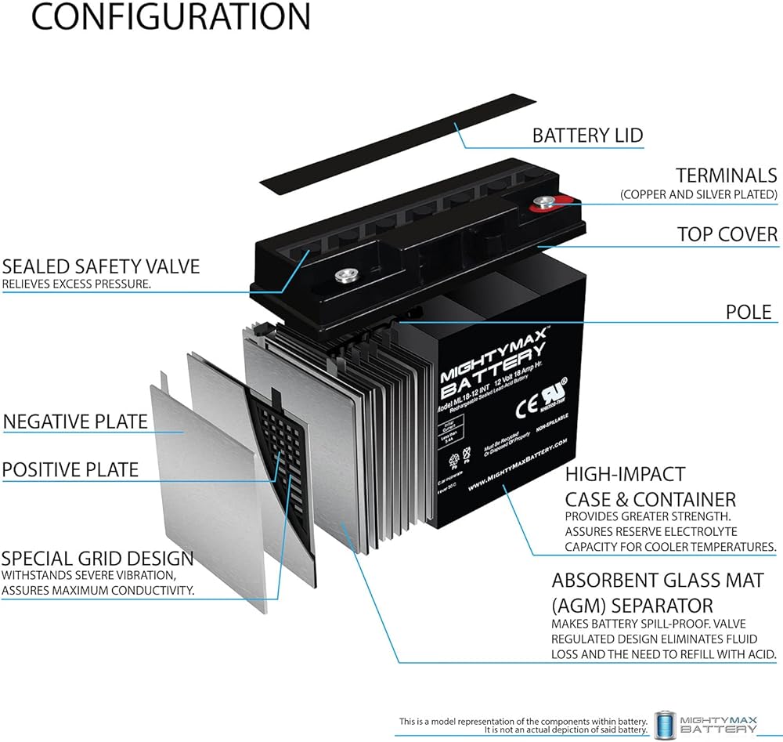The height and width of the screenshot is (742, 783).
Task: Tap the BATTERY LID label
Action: [587, 135]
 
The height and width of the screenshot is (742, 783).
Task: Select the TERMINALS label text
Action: [727, 176]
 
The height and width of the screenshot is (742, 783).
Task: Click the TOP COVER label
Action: [727, 234]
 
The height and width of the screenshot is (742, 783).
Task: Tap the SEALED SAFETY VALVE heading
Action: [100, 266]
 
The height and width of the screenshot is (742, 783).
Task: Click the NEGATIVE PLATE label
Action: [75, 422]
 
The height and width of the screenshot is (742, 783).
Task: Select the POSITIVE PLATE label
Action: [70, 469]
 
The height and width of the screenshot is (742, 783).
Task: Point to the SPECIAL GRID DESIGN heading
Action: [97, 559]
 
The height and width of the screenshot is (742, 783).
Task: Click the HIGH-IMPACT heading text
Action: [614, 474]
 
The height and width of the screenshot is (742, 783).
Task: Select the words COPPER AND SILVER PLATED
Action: [698, 194]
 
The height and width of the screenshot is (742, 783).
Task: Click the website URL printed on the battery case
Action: [518, 465]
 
